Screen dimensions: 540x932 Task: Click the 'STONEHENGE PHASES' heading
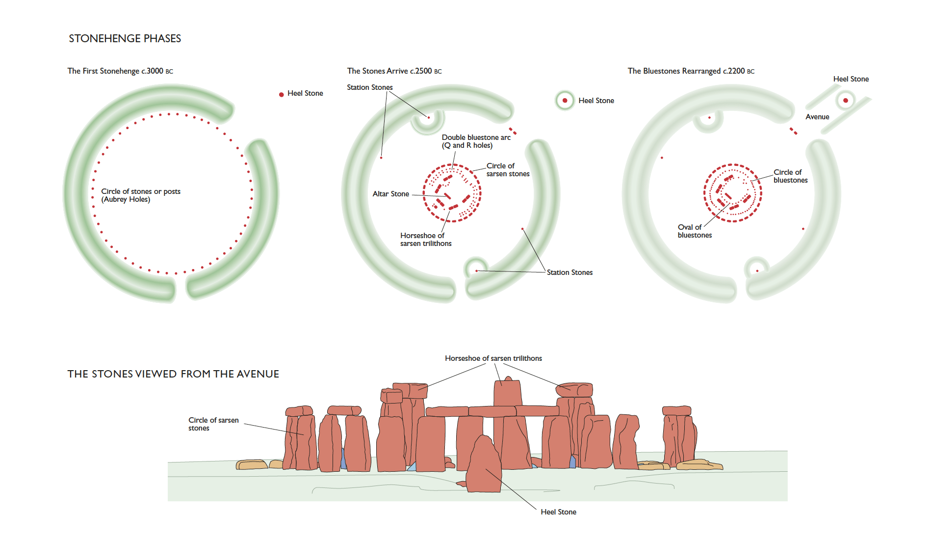(x=125, y=38)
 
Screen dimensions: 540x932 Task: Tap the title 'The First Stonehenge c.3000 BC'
(x=120, y=71)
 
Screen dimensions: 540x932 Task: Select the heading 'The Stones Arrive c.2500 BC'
(x=394, y=71)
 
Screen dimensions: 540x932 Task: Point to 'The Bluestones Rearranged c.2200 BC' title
(x=691, y=71)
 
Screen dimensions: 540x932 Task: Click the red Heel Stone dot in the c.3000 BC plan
(x=281, y=94)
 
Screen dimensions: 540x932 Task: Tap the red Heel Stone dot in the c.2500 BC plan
(x=565, y=101)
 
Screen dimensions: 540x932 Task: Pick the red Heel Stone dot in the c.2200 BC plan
(x=845, y=101)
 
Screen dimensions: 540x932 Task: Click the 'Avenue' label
(x=817, y=117)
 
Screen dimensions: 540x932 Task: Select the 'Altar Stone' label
(x=390, y=194)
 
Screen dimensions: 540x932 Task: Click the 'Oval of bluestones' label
(x=694, y=231)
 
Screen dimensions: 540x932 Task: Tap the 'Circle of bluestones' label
(x=790, y=176)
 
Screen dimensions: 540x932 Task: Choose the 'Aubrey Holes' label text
(x=126, y=199)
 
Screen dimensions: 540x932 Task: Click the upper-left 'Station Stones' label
(x=369, y=87)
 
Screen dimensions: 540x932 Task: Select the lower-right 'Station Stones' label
(x=570, y=272)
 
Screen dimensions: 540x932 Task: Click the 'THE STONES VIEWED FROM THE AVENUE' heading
(x=173, y=374)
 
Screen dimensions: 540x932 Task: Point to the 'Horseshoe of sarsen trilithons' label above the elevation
(x=493, y=358)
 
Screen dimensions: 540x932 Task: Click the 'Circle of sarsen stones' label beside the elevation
(x=213, y=424)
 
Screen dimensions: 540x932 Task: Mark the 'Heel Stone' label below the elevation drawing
(x=558, y=512)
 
